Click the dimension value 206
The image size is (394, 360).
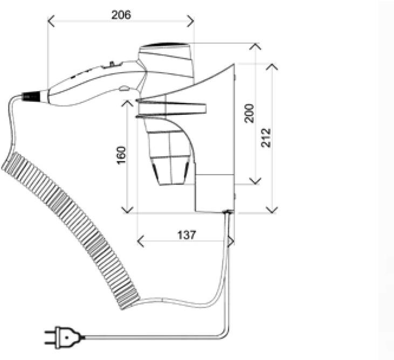click(x=121, y=15)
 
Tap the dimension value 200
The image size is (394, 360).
click(x=249, y=113)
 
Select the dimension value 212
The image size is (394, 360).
click(x=266, y=138)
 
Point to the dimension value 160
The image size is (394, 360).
click(x=121, y=155)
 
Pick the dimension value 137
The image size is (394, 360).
click(x=186, y=235)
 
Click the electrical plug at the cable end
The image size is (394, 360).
click(x=65, y=338)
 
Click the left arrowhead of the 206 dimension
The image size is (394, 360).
click(x=51, y=21)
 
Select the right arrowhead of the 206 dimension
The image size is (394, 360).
click(x=190, y=21)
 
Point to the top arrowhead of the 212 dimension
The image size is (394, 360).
click(x=272, y=67)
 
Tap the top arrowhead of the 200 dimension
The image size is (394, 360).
click(x=255, y=46)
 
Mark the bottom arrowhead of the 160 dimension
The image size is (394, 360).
click(x=127, y=210)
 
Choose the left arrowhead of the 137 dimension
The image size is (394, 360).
click(x=141, y=241)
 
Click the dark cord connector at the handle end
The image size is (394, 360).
click(x=31, y=96)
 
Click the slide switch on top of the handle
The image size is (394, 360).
click(x=112, y=64)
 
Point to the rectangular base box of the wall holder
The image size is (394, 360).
click(x=215, y=193)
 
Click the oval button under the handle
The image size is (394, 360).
click(x=125, y=88)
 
